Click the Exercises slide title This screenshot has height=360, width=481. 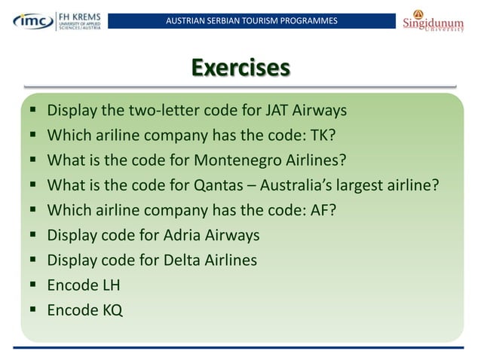click(x=240, y=67)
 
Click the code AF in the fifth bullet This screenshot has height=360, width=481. click(x=318, y=210)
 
